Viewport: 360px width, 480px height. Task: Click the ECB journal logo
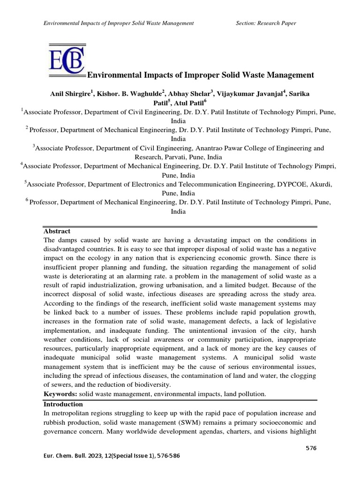67,60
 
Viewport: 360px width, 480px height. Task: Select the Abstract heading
57,231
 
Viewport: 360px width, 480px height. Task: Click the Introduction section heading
63,404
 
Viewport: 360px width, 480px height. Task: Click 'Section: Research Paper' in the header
266,23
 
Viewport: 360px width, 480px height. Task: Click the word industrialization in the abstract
114,285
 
